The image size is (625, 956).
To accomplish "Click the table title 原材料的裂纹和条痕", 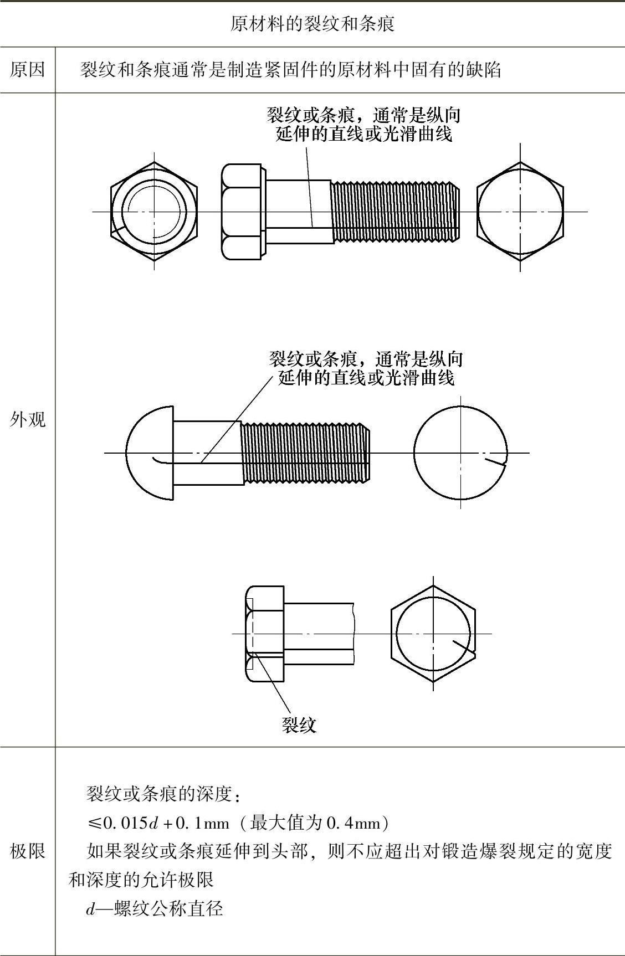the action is [x=312, y=24].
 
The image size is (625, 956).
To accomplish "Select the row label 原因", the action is [x=27, y=70].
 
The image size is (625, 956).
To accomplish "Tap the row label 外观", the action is [x=27, y=420].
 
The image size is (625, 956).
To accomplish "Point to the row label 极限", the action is [x=27, y=851].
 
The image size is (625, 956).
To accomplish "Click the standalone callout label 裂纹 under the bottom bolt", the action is [x=299, y=725].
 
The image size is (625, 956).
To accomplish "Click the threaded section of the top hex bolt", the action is [x=395, y=211].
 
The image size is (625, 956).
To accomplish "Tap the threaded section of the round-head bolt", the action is [x=305, y=453].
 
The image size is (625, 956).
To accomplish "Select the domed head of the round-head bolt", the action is [x=150, y=453].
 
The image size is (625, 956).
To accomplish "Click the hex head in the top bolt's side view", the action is [x=243, y=212].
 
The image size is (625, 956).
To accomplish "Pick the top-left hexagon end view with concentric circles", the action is [x=153, y=211].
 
